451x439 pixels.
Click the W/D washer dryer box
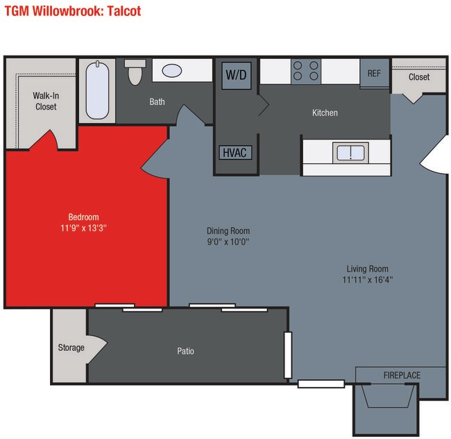point(236,75)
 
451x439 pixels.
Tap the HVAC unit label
point(235,152)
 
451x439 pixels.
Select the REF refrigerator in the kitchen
point(374,73)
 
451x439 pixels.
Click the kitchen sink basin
point(350,152)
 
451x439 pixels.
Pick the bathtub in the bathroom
point(99,90)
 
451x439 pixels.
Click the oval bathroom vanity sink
point(172,71)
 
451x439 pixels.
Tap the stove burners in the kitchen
point(306,70)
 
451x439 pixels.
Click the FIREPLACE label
point(402,376)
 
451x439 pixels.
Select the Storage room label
point(71,347)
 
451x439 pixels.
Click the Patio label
point(185,351)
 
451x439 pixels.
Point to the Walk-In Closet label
point(45,101)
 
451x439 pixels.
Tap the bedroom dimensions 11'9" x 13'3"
point(83,227)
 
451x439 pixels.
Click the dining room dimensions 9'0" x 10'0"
point(228,242)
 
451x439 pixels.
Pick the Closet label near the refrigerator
point(418,77)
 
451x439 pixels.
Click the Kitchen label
point(325,113)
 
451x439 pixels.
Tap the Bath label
point(158,102)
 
